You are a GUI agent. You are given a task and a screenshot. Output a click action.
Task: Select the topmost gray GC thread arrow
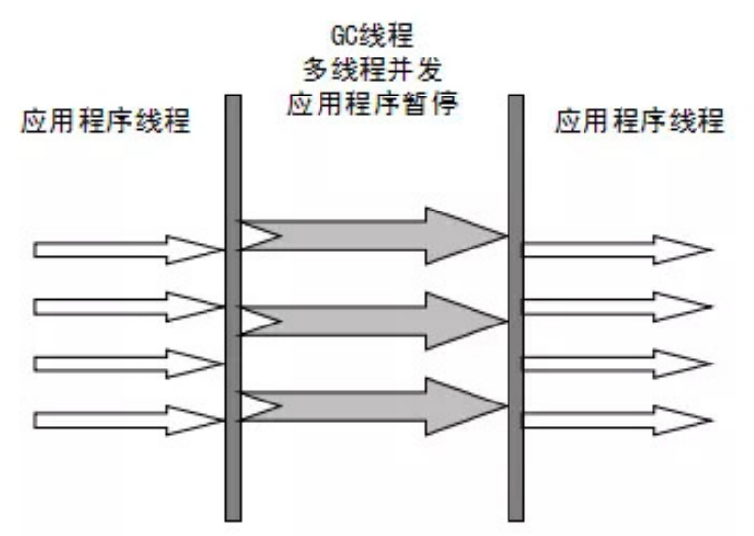[x=370, y=235]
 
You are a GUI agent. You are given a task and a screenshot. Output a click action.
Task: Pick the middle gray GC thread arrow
[x=370, y=321]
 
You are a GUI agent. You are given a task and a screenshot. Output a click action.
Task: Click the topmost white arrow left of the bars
[x=127, y=249]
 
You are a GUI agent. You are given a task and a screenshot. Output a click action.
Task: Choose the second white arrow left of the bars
[x=127, y=307]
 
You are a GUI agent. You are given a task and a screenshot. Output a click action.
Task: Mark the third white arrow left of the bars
[x=127, y=364]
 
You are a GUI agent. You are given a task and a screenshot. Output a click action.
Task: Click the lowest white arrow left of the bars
[x=127, y=421]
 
